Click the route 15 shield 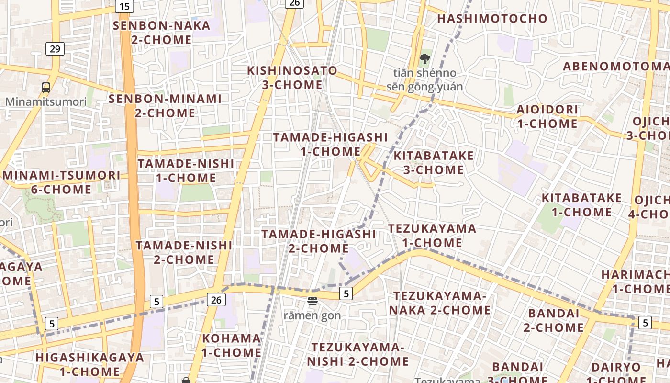[124, 6]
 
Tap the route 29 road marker [56, 48]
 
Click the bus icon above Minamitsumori [46, 88]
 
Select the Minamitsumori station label [46, 101]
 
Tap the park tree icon [424, 59]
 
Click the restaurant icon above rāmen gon [313, 301]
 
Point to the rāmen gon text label [313, 315]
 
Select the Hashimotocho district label [492, 19]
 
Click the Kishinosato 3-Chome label [292, 78]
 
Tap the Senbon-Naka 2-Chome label [161, 33]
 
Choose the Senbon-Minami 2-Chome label [165, 106]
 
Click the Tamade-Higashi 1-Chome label [330, 144]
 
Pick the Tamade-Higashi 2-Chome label [319, 241]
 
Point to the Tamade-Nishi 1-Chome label [186, 170]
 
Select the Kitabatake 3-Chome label [434, 163]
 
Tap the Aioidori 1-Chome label [547, 116]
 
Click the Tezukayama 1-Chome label [432, 236]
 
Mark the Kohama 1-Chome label [232, 345]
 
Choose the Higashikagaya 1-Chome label [89, 364]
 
